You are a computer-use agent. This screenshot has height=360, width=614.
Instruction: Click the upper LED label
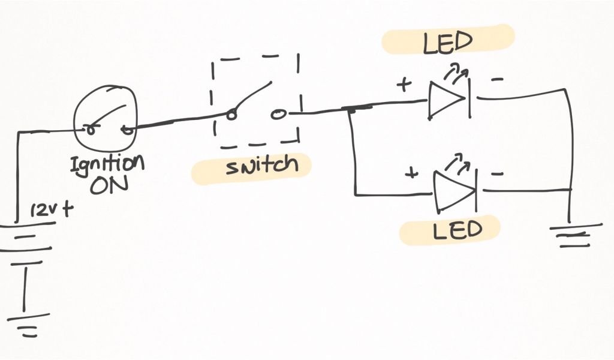tap(447, 43)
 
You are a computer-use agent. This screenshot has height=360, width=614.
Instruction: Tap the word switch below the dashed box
tap(261, 166)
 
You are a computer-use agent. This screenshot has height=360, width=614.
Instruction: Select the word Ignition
tap(107, 164)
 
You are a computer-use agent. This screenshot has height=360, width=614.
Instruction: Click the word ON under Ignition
tap(109, 184)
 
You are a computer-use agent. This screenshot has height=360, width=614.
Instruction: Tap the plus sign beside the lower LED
tap(411, 174)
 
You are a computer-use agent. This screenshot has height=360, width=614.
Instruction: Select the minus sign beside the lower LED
tap(498, 175)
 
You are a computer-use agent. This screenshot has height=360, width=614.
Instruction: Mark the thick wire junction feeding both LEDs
tap(355, 109)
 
